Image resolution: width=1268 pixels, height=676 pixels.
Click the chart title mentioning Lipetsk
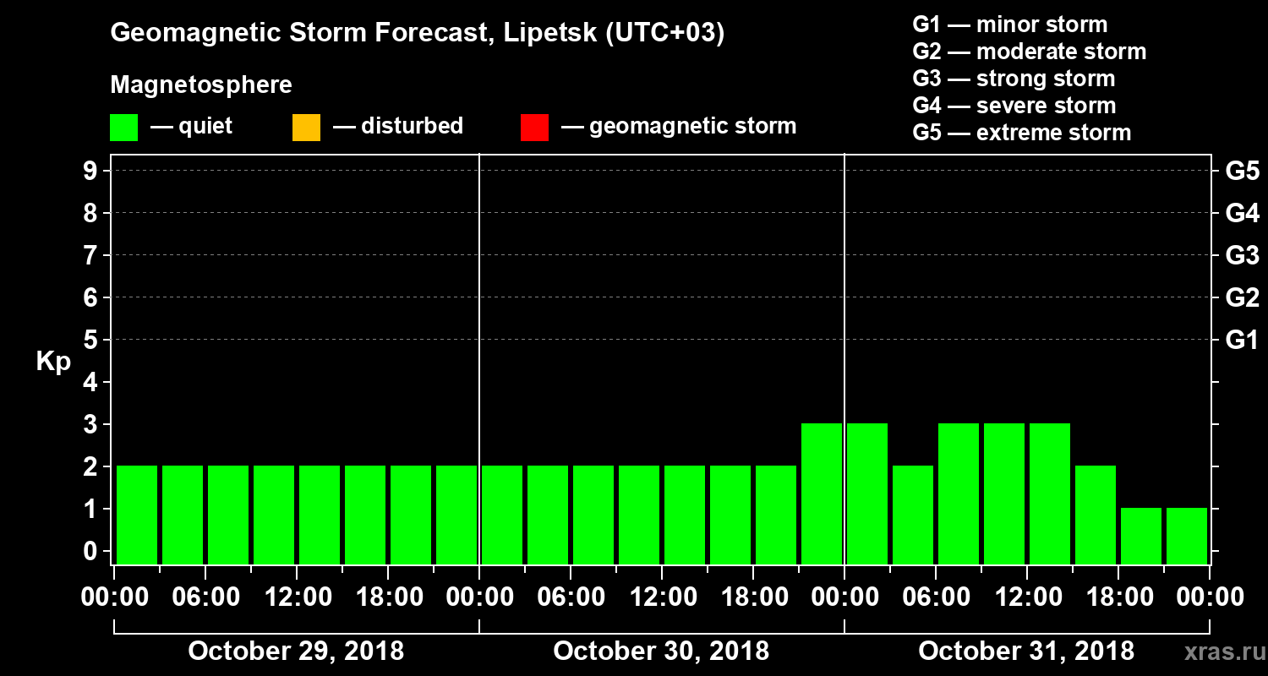[x=418, y=34]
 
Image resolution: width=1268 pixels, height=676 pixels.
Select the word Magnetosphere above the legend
[x=201, y=85]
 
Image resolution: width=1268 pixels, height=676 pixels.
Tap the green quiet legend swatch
[x=123, y=128]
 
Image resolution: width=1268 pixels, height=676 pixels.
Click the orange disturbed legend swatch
[x=306, y=128]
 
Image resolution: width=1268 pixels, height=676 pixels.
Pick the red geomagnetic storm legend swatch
[x=534, y=128]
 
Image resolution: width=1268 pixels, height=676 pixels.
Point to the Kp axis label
[x=53, y=361]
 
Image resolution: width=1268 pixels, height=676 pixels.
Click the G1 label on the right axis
[x=1242, y=341]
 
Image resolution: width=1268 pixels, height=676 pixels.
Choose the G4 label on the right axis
[x=1242, y=213]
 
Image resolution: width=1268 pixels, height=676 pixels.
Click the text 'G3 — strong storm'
[x=1014, y=79]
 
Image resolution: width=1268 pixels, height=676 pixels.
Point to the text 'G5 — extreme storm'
[x=1021, y=133]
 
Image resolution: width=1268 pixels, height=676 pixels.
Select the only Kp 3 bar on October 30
[x=822, y=493]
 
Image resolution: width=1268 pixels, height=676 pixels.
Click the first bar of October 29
[x=137, y=515]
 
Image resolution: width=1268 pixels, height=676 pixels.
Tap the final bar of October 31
[x=1187, y=536]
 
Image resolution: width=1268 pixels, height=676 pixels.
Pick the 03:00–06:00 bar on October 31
[x=913, y=515]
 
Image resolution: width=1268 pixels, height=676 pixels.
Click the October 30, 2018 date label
[x=661, y=651]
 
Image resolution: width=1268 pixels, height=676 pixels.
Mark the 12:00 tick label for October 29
[x=298, y=597]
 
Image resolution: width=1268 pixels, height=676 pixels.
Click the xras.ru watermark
[x=1218, y=651]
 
